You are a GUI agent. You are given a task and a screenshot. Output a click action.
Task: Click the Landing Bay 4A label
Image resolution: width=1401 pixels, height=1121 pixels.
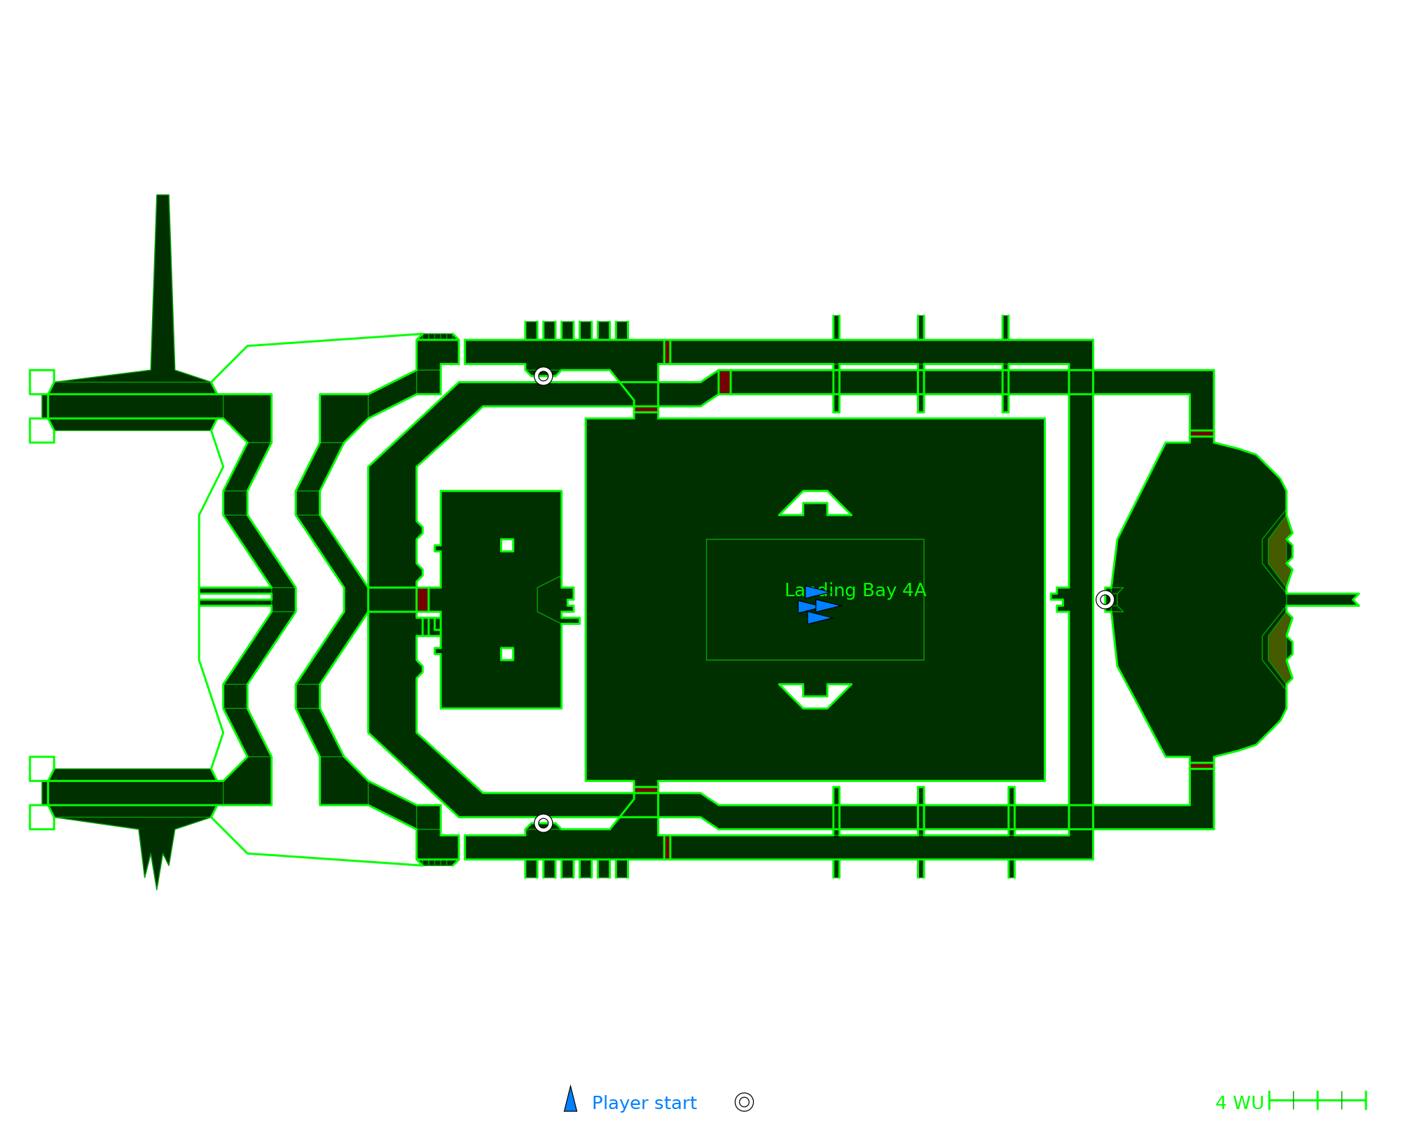point(855,590)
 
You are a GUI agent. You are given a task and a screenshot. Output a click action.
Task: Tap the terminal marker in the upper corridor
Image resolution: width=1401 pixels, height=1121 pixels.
point(543,376)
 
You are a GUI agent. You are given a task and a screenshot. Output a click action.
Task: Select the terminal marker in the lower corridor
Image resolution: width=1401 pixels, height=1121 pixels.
point(543,823)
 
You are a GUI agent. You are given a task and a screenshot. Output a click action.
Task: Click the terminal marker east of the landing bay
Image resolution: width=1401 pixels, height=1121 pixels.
point(1105,600)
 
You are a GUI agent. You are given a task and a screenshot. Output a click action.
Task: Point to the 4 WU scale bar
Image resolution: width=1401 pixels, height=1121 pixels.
point(1317,1101)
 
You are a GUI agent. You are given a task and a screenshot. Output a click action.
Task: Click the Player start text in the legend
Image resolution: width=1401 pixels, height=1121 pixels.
point(644,1103)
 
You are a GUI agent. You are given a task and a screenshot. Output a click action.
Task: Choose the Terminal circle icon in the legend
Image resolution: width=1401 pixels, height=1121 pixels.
point(744,1102)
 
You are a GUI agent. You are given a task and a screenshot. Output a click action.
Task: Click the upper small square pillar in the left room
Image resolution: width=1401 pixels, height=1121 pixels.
point(507,545)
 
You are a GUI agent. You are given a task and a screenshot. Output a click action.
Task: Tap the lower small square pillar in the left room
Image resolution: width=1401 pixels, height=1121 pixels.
point(507,654)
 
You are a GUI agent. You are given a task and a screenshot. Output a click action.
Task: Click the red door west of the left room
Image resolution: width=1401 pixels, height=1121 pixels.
point(422,600)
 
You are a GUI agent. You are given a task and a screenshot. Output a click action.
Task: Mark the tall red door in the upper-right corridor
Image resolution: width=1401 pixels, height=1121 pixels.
point(724,382)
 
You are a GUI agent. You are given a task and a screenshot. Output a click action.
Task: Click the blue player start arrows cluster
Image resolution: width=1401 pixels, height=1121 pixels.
point(817,605)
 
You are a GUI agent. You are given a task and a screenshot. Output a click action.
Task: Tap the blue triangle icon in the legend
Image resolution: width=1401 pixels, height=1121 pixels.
point(571,1101)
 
